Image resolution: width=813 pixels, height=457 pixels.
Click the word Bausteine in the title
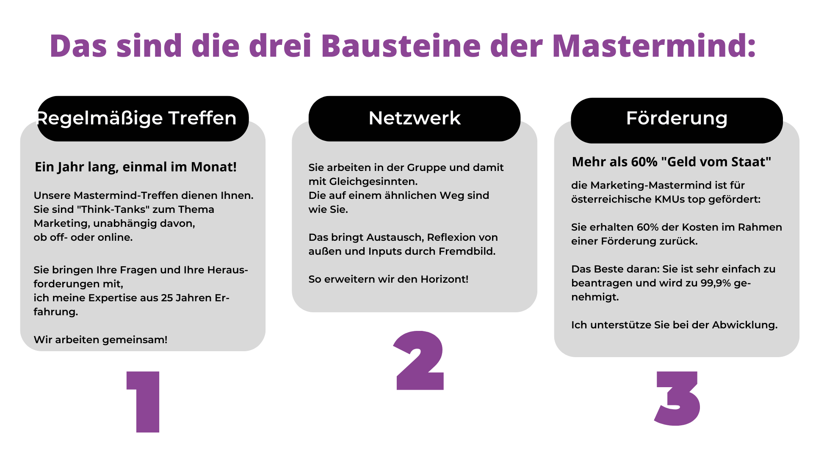401,45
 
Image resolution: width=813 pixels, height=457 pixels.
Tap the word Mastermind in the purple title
650,45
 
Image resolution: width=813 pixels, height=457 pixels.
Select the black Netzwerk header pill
415,118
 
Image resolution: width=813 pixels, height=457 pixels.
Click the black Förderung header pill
677,120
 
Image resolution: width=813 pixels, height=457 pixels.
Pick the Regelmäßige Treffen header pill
143,118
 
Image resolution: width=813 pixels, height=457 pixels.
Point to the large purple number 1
143,402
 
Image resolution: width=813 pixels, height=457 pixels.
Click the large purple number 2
419,360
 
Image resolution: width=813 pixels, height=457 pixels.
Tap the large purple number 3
677,398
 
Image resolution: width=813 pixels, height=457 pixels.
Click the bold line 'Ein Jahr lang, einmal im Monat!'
135,167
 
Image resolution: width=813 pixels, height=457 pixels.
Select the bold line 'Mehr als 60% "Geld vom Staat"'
672,162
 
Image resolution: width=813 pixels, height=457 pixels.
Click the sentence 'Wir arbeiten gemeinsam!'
101,340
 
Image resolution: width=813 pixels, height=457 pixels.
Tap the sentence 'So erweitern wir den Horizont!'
388,279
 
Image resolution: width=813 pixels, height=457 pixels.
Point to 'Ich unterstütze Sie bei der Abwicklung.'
675,325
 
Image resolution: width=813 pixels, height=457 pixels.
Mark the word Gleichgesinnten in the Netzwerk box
373,182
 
